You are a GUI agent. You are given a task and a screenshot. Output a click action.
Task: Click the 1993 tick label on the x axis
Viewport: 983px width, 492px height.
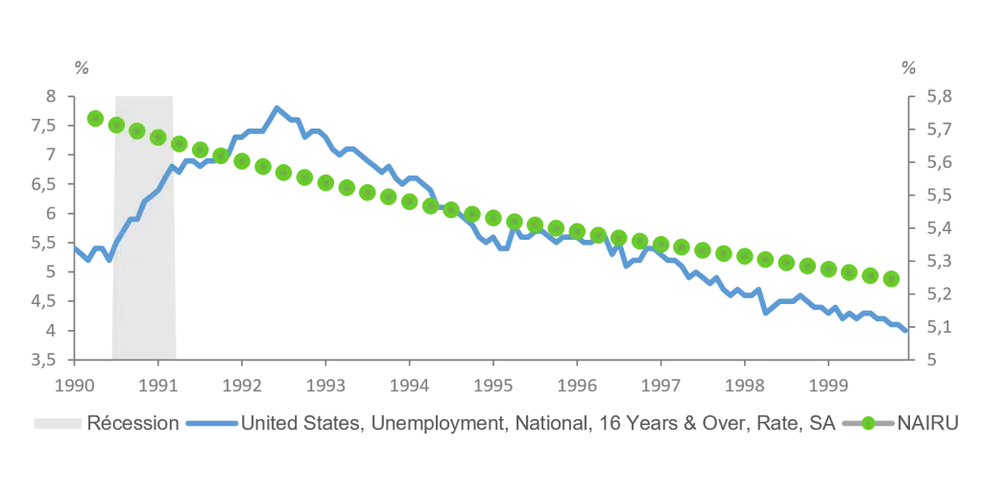tap(325, 385)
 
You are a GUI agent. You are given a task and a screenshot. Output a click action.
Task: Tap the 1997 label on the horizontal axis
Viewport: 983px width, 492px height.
tap(660, 385)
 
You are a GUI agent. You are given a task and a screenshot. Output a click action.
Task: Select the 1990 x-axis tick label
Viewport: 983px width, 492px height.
tap(75, 385)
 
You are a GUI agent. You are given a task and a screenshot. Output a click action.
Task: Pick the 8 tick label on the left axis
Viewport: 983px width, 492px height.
tap(51, 97)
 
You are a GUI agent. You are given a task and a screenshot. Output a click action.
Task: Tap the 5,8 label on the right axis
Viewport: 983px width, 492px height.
tap(939, 97)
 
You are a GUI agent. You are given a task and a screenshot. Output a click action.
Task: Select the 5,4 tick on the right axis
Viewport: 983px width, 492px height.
tap(939, 228)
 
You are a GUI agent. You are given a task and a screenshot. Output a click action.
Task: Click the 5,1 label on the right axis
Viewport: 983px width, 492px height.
tap(939, 327)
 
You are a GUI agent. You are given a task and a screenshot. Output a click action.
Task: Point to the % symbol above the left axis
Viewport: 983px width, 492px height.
tap(82, 68)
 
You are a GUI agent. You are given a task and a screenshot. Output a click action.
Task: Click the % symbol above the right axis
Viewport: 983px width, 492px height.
tap(908, 68)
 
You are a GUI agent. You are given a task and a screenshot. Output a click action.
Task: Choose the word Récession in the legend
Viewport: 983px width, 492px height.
tap(132, 423)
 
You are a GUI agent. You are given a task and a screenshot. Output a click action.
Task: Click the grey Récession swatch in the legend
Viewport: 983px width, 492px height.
tap(58, 424)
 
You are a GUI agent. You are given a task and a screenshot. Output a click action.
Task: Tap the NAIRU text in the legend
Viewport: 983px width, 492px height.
tap(928, 423)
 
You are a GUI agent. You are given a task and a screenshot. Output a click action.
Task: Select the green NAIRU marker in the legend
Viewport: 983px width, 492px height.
tap(868, 424)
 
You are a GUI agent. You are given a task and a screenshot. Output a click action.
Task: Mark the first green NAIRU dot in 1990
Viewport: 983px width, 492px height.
tap(95, 118)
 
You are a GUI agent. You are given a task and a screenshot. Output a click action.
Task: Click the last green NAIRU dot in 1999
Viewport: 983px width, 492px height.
tap(891, 279)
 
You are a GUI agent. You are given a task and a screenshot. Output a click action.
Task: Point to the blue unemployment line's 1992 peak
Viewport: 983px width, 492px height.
tap(276, 108)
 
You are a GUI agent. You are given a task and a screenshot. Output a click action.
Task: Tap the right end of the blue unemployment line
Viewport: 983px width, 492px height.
tap(906, 331)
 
